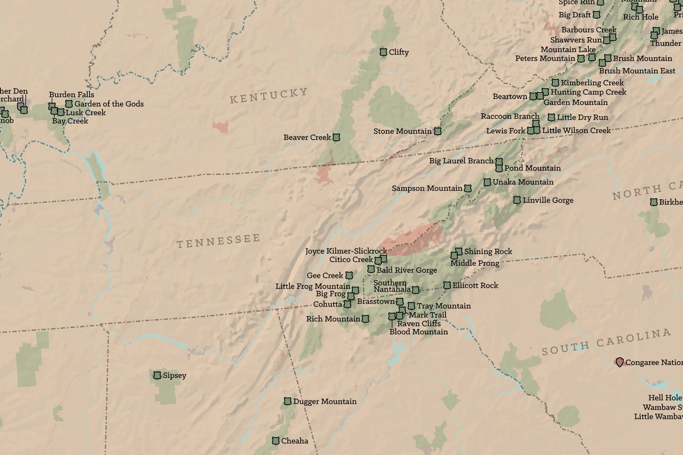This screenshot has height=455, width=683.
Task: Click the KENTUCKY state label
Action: click(269, 95)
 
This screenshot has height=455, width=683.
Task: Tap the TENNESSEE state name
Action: click(219, 241)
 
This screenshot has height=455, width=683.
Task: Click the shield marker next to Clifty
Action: click(383, 52)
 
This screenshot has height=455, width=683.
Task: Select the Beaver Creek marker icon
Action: click(336, 137)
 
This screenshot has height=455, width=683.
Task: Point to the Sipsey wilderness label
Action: click(174, 375)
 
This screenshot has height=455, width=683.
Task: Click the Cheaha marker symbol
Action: click(276, 441)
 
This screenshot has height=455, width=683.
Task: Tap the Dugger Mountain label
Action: click(324, 401)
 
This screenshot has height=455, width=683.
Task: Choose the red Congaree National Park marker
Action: click(619, 362)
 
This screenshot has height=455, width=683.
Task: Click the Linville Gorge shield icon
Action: click(517, 200)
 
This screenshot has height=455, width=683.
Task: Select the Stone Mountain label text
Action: click(402, 131)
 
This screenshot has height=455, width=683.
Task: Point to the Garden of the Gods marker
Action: click(69, 104)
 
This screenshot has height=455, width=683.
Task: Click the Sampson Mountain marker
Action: click(468, 188)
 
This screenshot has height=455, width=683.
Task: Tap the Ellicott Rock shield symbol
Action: click(447, 285)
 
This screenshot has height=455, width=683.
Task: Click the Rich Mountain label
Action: click(333, 319)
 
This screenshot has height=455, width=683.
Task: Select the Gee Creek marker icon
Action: click(349, 275)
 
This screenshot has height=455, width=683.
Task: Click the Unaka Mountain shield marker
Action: click(487, 182)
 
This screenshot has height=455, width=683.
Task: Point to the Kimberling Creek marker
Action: click(556, 83)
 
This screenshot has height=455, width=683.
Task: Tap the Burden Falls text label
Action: click(71, 94)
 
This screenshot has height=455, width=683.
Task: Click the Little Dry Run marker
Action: click(551, 117)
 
